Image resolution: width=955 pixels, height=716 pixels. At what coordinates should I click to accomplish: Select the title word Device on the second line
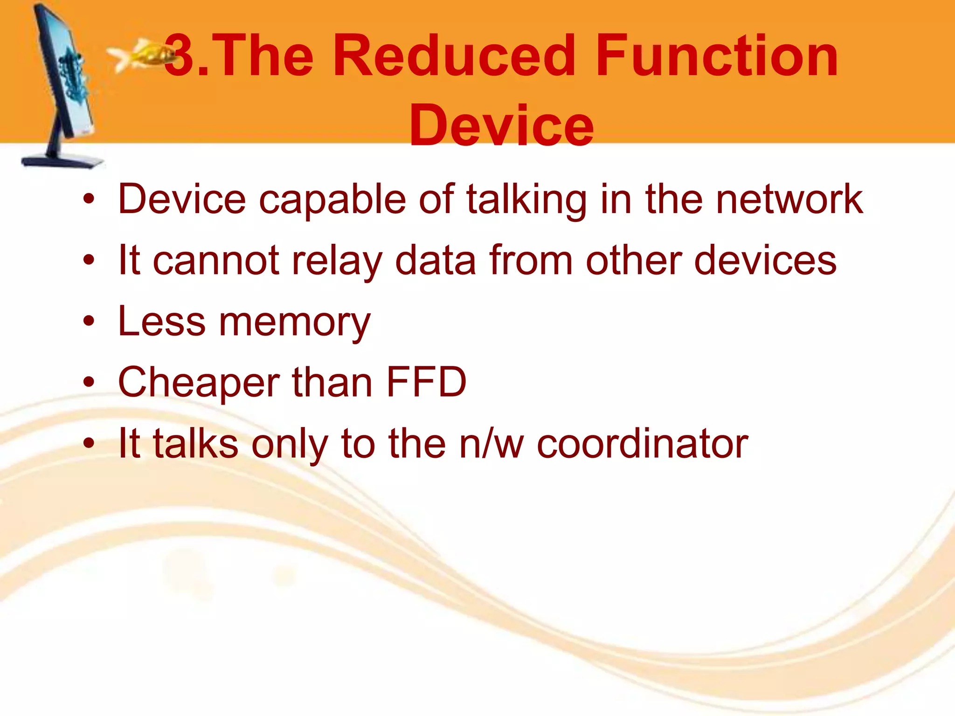[x=501, y=126]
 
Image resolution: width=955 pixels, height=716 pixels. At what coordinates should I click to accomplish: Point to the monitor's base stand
[x=63, y=161]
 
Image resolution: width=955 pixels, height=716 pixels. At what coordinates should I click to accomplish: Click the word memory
[x=295, y=323]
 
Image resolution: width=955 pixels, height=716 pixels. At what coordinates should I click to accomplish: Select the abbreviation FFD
[x=426, y=382]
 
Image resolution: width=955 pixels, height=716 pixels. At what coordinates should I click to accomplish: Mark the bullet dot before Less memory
[x=89, y=321]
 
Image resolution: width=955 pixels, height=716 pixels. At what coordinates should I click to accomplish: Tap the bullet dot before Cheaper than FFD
[x=89, y=382]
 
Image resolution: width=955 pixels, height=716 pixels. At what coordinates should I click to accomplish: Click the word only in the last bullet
[x=290, y=444]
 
